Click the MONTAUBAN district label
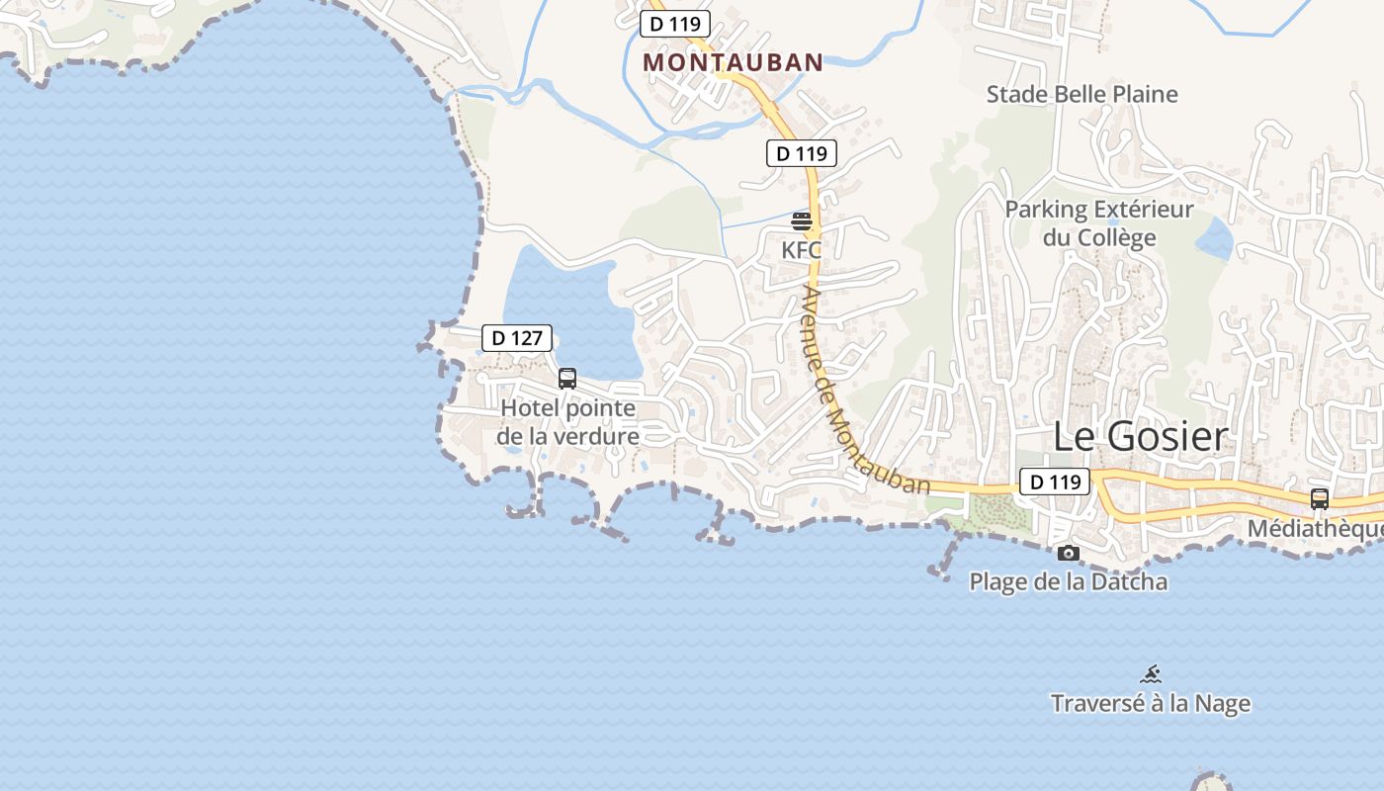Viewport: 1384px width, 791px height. click(x=733, y=61)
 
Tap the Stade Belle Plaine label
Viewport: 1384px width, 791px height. click(x=1082, y=94)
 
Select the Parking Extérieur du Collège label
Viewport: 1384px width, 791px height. click(x=1099, y=223)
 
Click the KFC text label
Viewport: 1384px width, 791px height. click(x=802, y=250)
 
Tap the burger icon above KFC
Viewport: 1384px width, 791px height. click(x=802, y=220)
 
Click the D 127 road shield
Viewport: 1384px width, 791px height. click(x=517, y=338)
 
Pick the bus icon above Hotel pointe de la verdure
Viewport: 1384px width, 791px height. click(x=567, y=378)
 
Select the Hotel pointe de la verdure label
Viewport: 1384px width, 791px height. click(x=567, y=421)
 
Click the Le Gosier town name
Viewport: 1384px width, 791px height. click(x=1140, y=436)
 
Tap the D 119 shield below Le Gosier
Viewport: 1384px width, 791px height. click(x=1055, y=482)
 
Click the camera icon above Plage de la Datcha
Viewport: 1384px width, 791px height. click(x=1068, y=553)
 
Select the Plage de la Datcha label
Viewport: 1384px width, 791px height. click(x=1068, y=581)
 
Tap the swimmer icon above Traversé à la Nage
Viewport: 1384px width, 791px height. click(x=1151, y=674)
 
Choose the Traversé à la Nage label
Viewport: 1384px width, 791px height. click(x=1151, y=704)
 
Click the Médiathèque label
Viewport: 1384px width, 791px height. click(x=1315, y=529)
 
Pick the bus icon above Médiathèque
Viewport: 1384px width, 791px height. click(x=1320, y=499)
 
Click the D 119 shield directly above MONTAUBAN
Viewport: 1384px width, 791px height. click(x=675, y=24)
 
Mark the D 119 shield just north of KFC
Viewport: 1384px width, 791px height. click(x=802, y=153)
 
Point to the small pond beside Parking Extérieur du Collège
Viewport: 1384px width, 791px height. click(x=1214, y=237)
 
